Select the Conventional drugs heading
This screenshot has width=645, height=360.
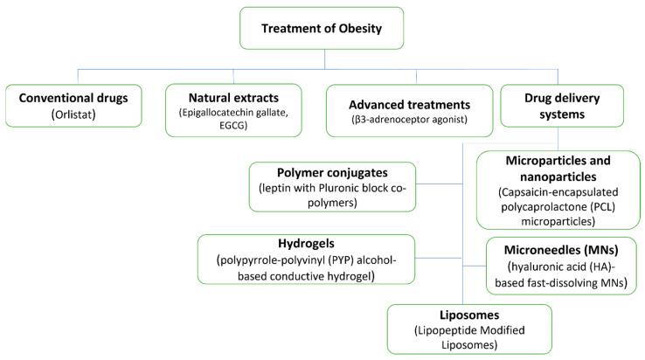pyautogui.click(x=74, y=98)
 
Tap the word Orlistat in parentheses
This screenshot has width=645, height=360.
pyautogui.click(x=75, y=114)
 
